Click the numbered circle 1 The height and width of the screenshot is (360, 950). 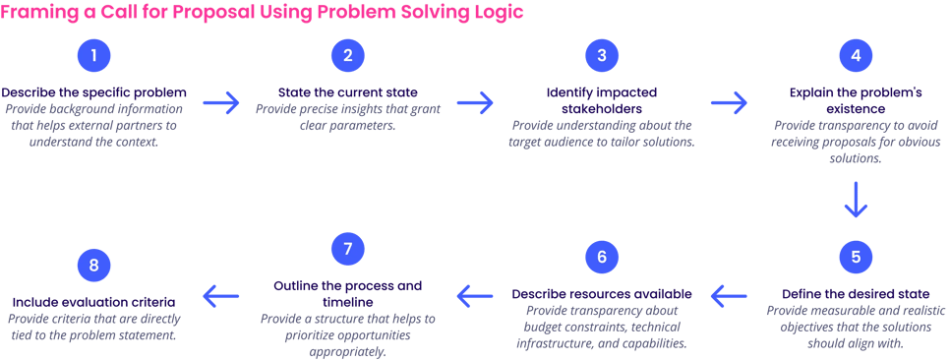coord(93,56)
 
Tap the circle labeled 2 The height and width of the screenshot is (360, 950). coord(347,56)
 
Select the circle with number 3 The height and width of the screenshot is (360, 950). coord(601,56)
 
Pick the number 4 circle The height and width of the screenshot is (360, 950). coord(856,56)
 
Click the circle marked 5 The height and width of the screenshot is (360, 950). coord(856,258)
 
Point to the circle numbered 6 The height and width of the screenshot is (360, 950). coord(601,258)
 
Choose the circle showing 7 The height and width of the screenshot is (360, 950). coord(347,249)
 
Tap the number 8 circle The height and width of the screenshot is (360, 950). coord(93,266)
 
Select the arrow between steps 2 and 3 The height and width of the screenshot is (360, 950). coord(475,102)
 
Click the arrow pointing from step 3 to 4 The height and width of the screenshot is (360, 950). coord(729,102)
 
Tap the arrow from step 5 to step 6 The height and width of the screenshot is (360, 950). coord(729,293)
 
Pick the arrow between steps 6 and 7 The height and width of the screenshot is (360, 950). coord(475,293)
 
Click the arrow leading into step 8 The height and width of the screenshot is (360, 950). coord(221,293)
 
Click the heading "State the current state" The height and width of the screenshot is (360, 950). coord(347,93)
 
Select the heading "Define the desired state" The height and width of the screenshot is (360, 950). coord(856,294)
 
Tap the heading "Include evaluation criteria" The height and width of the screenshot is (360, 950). coord(93,302)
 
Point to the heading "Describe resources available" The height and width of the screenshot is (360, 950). coord(601,294)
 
